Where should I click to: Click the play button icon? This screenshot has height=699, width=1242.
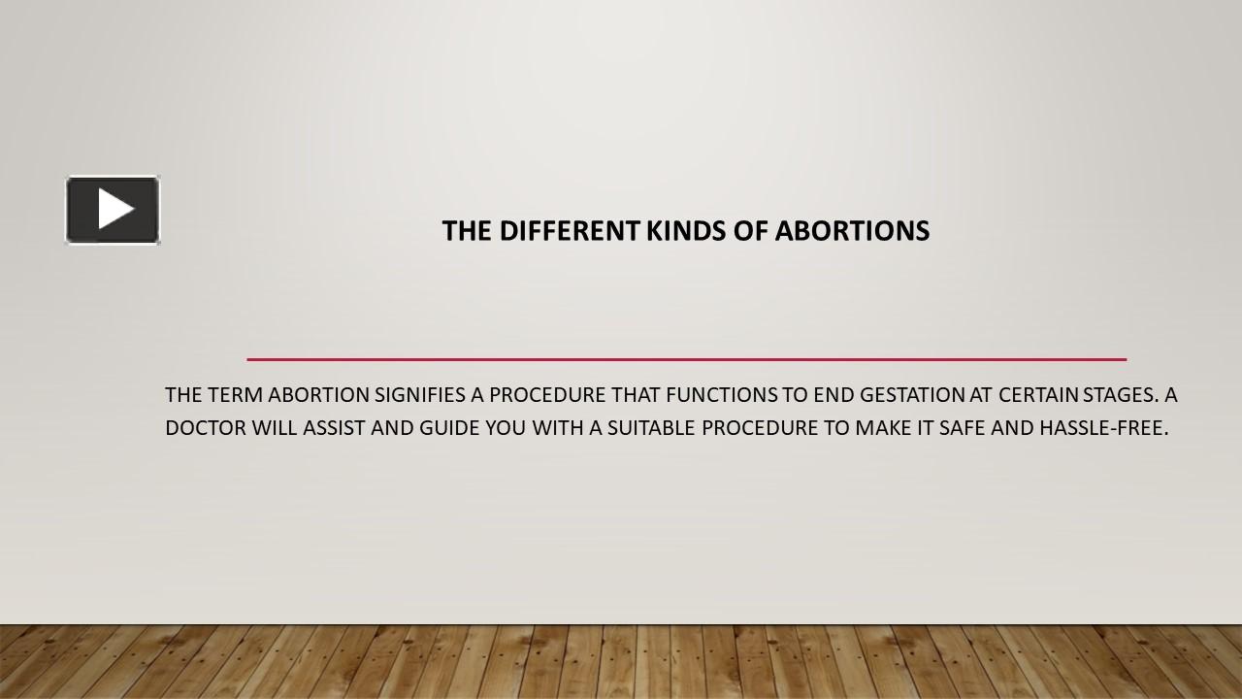pyautogui.click(x=113, y=210)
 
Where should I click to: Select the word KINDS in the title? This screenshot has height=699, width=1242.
pyautogui.click(x=685, y=231)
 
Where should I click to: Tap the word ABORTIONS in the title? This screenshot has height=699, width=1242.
pyautogui.click(x=852, y=231)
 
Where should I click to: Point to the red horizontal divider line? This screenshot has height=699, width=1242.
pyautogui.click(x=686, y=359)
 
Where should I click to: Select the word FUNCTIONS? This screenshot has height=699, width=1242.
pyautogui.click(x=721, y=395)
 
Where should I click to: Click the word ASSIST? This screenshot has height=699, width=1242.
pyautogui.click(x=334, y=428)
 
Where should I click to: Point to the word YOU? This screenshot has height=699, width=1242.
pyautogui.click(x=506, y=428)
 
